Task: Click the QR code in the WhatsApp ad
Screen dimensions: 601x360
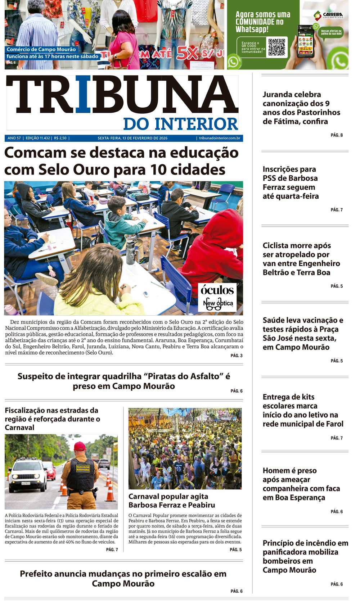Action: pos(276,47)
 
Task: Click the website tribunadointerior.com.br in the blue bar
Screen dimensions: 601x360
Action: pos(219,138)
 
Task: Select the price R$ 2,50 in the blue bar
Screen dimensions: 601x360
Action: pos(60,138)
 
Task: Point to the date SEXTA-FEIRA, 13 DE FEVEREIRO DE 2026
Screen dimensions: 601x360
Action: pos(132,138)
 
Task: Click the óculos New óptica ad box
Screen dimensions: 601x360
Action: pos(217,297)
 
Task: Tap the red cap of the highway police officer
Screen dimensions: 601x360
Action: pos(80,446)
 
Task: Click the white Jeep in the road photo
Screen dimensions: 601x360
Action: pos(28,475)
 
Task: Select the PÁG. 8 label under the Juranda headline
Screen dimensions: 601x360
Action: pos(337,135)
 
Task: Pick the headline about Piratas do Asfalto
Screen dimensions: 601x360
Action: pos(123,381)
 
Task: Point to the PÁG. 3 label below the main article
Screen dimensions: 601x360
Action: pos(237,356)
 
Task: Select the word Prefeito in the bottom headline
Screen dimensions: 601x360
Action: pos(37,574)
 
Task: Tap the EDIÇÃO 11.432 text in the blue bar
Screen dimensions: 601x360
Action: pos(38,138)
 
